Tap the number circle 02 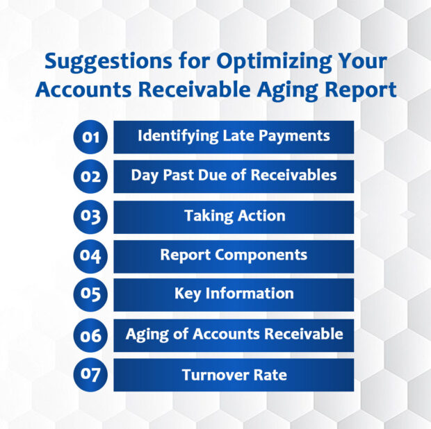[x=91, y=176]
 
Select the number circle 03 [x=91, y=217]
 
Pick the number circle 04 [x=91, y=256]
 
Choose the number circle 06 [x=91, y=336]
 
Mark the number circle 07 [x=91, y=376]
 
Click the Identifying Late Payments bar [x=234, y=137]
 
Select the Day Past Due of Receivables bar [x=234, y=176]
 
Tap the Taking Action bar [x=234, y=217]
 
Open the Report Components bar [x=234, y=256]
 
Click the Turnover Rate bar [x=234, y=376]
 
